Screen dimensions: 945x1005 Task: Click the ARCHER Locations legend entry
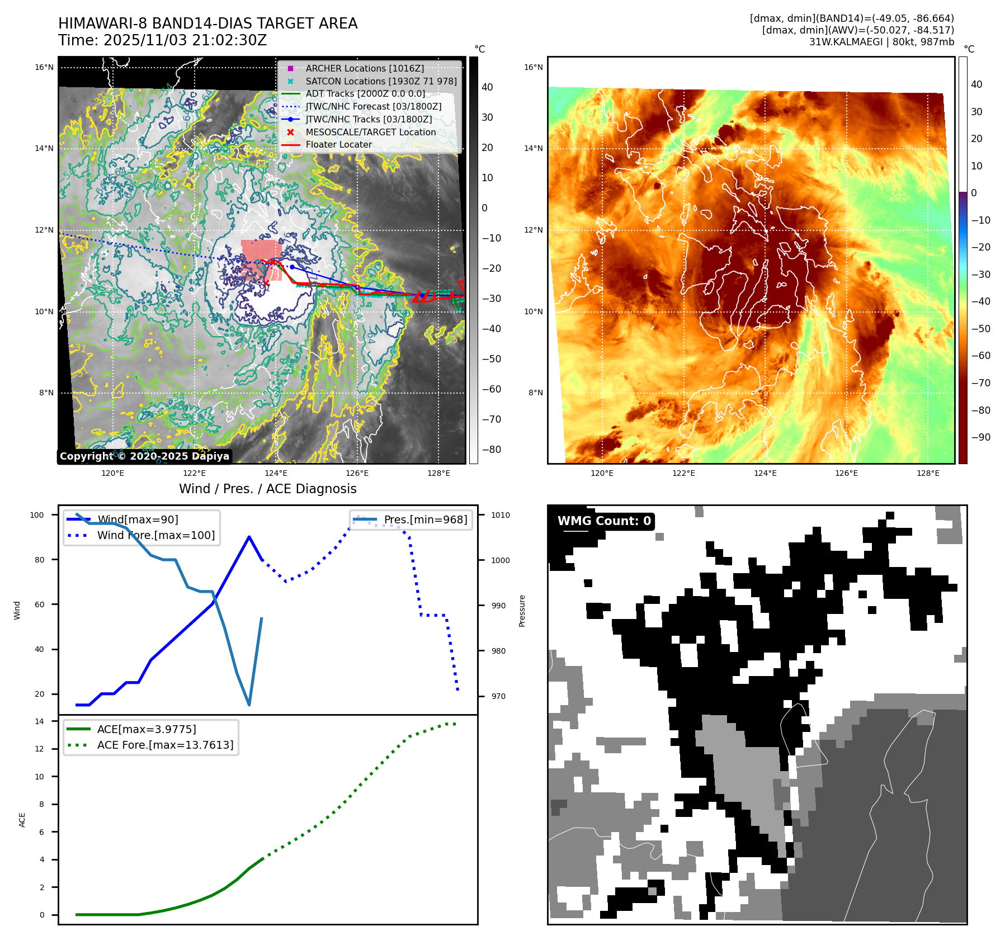pos(365,68)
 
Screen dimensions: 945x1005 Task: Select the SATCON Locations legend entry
pos(380,81)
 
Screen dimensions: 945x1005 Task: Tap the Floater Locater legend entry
pos(338,144)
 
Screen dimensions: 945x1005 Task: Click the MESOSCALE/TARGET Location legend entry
pos(370,132)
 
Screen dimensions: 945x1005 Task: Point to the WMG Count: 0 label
pos(604,521)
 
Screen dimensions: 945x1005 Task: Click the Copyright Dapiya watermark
pos(144,456)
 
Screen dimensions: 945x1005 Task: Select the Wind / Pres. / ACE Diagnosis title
pos(267,489)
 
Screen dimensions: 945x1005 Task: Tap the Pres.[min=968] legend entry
pos(425,519)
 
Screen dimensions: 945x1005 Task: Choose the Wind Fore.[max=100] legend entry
pos(155,535)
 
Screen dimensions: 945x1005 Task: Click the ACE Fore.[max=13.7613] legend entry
pos(165,745)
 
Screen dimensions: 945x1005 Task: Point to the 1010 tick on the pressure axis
pos(501,515)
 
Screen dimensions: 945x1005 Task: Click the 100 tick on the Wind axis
pos(37,515)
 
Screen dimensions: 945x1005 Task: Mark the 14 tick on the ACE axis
pos(39,721)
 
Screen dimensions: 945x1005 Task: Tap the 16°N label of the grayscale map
pos(44,68)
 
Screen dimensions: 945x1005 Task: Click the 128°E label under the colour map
pos(928,473)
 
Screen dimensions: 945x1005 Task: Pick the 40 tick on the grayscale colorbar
pos(487,87)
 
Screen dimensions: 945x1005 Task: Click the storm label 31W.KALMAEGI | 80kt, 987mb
pos(881,42)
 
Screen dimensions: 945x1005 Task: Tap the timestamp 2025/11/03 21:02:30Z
pos(185,41)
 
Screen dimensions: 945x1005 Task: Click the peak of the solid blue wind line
pos(249,537)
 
